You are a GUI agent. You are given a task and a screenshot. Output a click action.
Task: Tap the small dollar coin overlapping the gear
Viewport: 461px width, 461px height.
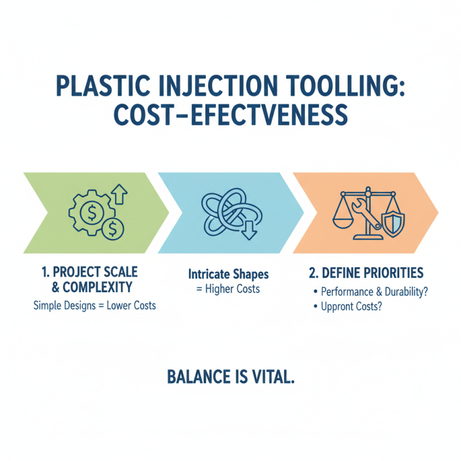tap(114, 229)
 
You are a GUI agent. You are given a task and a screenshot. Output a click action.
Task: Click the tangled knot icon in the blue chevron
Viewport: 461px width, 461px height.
tap(227, 211)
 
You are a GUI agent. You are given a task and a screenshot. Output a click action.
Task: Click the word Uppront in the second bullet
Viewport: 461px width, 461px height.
tap(338, 307)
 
